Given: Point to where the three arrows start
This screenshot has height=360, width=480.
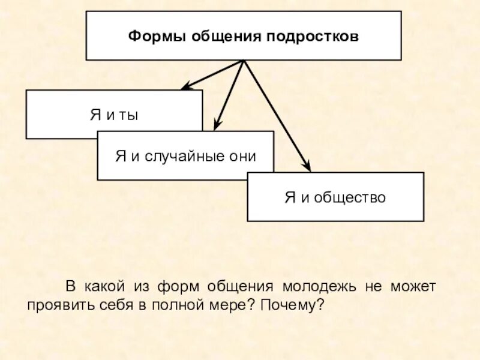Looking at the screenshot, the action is tap(243, 61).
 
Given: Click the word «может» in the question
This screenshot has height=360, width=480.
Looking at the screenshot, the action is tap(415, 286).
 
